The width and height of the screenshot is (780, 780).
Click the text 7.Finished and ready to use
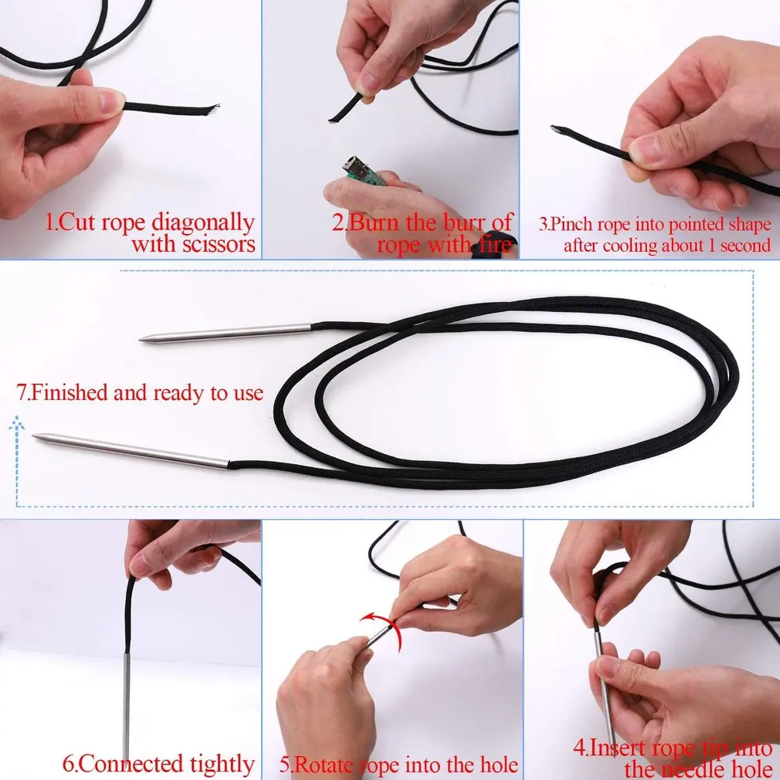tap(140, 392)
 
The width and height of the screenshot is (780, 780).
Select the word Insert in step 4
tap(621, 748)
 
